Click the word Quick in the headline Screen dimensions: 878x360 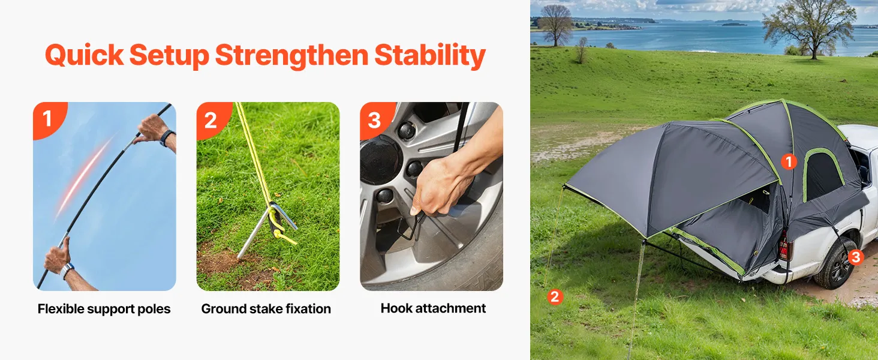click(85, 56)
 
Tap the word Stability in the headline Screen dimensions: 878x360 click(430, 56)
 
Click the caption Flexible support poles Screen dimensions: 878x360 click(104, 309)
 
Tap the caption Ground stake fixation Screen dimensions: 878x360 click(266, 309)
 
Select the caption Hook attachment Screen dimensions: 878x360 click(433, 308)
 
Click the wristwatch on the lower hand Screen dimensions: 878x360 click(67, 270)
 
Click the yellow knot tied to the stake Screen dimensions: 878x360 click(279, 234)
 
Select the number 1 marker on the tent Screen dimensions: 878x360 click(789, 161)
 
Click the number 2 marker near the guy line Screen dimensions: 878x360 click(555, 297)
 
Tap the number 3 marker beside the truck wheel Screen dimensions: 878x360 click(856, 257)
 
